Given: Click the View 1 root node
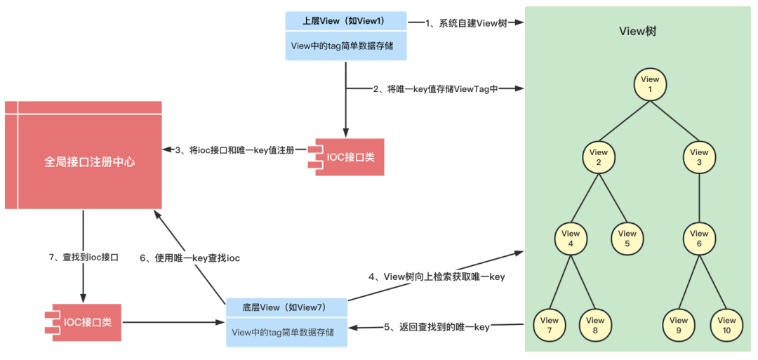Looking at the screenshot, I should pos(649,84).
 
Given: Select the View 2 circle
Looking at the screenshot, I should pos(598,157).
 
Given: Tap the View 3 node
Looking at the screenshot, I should pos(699,157).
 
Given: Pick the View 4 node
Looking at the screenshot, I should pos(571,239).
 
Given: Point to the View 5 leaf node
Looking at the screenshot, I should pos(627,239).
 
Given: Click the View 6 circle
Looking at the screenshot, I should pos(699,239).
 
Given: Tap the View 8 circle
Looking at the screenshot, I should pos(594,325).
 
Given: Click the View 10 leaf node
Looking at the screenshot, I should pos(726,325).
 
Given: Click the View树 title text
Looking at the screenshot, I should pos(637,32).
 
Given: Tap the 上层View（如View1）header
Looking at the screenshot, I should pos(346,21).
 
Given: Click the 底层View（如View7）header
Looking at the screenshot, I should pos(286,307).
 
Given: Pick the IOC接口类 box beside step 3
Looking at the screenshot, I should pos(345,157).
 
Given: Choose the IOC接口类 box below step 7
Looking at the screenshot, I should pos(83,323).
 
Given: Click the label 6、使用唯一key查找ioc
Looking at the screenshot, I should pos(189,258).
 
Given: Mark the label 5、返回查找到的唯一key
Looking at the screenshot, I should pos(435,327).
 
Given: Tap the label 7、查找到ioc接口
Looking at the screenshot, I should pos(84,258).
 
